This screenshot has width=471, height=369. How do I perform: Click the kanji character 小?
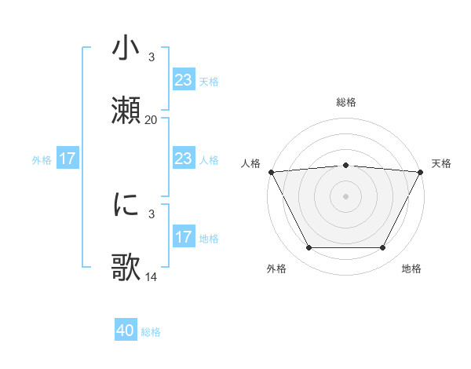(126, 49)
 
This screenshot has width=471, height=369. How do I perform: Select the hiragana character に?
(126, 205)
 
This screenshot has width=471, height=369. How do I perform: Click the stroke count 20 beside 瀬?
(151, 120)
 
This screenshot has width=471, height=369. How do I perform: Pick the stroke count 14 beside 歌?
(151, 276)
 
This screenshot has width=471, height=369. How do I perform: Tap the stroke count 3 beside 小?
(151, 57)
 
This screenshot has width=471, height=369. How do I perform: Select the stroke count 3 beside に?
(151, 214)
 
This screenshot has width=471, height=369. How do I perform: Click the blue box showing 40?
(126, 331)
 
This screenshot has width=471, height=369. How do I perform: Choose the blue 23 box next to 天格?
(183, 80)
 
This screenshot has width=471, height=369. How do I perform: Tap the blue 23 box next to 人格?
(183, 159)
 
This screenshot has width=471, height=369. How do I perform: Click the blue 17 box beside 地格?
(183, 237)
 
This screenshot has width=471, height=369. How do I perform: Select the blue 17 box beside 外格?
(68, 159)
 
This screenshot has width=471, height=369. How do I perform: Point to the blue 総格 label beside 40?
(151, 332)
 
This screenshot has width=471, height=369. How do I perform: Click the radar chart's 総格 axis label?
(345, 102)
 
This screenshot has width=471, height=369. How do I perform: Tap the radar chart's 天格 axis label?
(441, 163)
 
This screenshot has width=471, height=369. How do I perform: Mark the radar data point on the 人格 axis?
(271, 171)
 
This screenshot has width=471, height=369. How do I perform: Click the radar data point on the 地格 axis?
(383, 248)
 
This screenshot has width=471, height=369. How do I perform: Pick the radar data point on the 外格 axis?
(309, 248)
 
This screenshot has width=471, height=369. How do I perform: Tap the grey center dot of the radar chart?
(345, 195)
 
